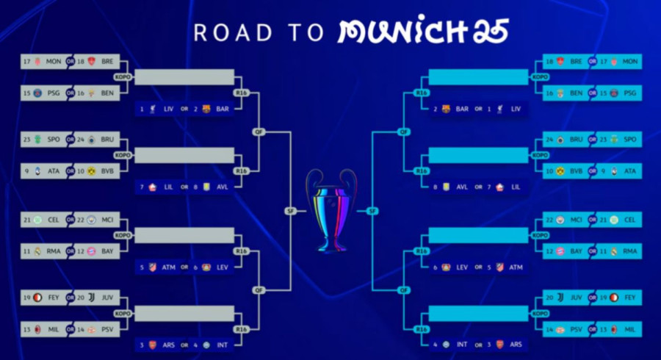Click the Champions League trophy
click(x=331, y=211)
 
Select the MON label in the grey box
click(x=54, y=62)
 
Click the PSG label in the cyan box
click(x=631, y=93)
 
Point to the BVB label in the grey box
click(x=107, y=170)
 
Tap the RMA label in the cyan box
click(x=631, y=251)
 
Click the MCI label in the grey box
click(x=107, y=220)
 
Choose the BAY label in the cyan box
click(x=577, y=251)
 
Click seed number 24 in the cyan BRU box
click(x=549, y=140)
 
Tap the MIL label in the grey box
click(x=54, y=330)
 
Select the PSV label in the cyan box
click(x=577, y=330)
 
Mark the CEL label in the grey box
click(x=54, y=220)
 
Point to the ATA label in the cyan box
click(x=631, y=170)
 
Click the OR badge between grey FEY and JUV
click(x=71, y=298)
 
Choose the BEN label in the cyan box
click(x=577, y=93)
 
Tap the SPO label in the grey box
click(x=54, y=140)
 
